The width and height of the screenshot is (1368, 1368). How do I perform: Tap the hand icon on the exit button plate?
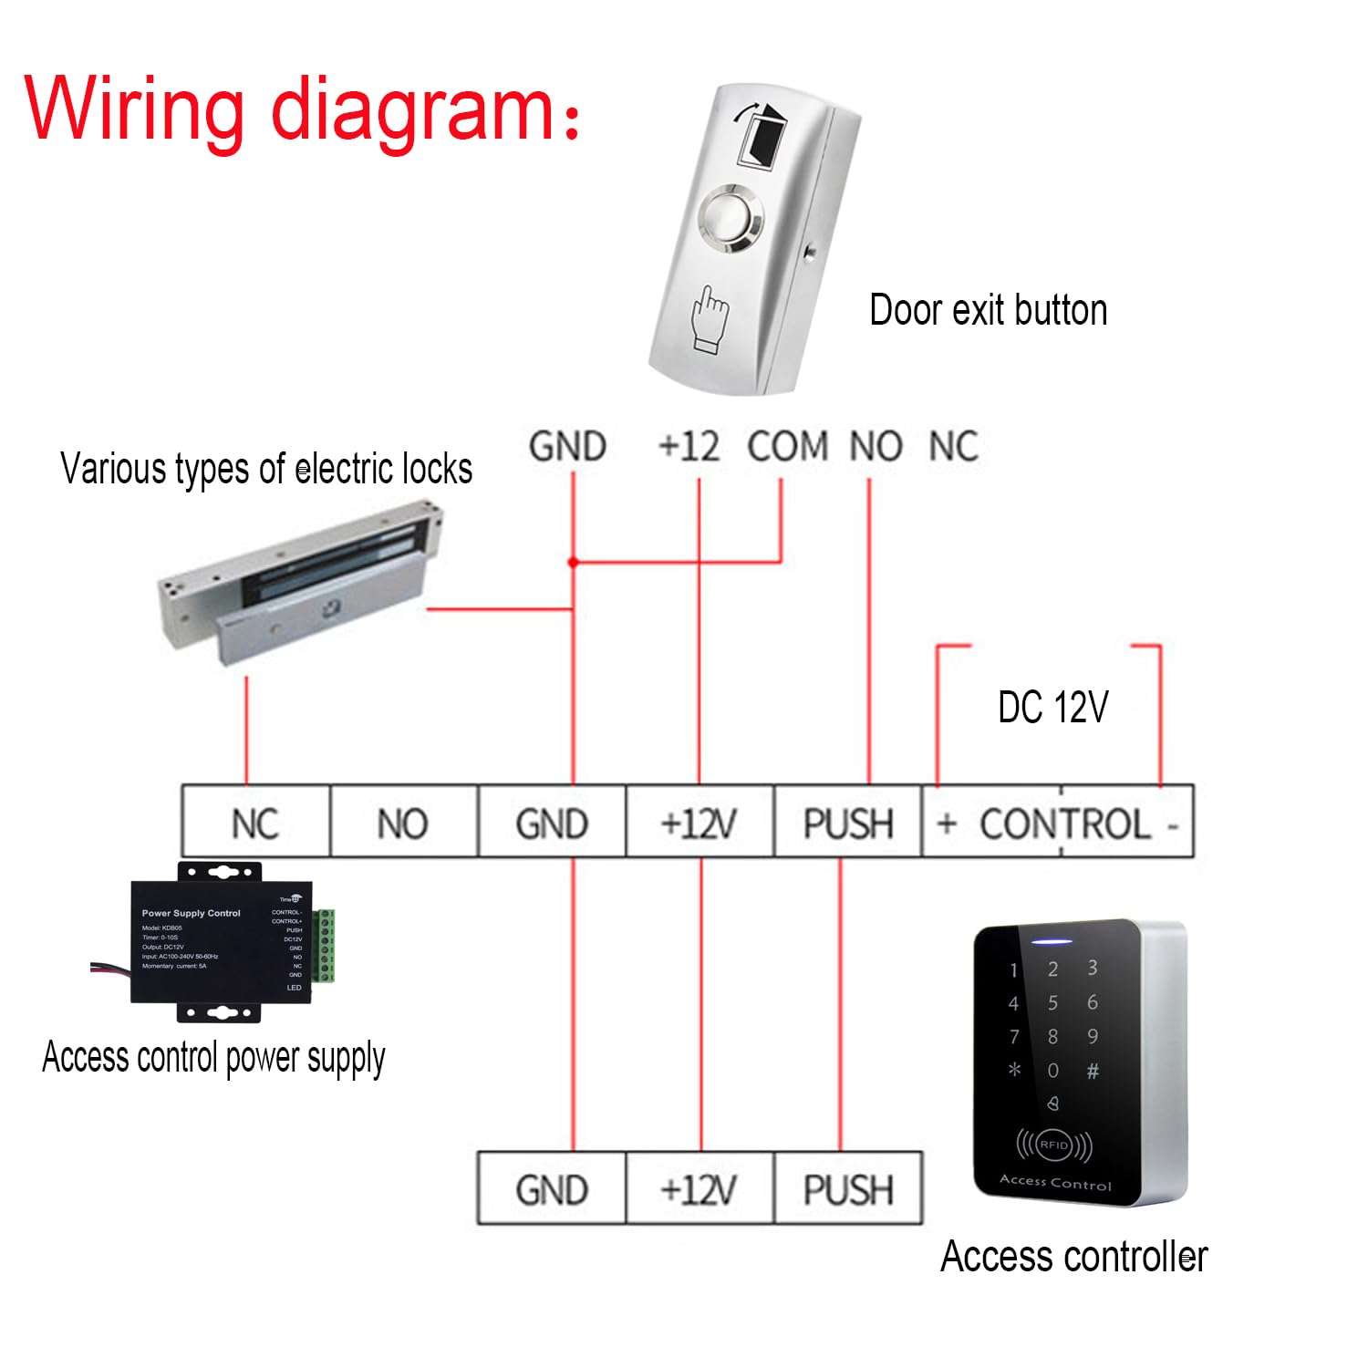pyautogui.click(x=710, y=319)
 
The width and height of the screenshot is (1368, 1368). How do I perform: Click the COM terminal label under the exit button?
pyautogui.click(x=788, y=447)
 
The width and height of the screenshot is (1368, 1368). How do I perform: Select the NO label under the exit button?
pyautogui.click(x=876, y=447)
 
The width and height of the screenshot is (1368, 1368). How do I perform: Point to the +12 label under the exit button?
pyautogui.click(x=689, y=447)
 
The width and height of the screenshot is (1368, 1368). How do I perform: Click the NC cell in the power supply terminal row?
pyautogui.click(x=255, y=823)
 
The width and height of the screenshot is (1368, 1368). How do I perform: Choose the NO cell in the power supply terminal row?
pyautogui.click(x=402, y=823)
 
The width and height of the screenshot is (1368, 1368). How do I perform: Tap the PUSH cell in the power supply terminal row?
pyautogui.click(x=847, y=823)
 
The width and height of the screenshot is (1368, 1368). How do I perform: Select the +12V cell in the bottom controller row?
pyautogui.click(x=699, y=1189)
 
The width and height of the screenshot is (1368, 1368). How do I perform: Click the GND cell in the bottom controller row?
pyautogui.click(x=552, y=1189)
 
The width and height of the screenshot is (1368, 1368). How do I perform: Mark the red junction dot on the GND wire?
pyautogui.click(x=573, y=562)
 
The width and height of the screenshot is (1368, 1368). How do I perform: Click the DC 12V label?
pyautogui.click(x=1052, y=707)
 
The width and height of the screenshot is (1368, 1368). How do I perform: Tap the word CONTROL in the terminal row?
pyautogui.click(x=1064, y=824)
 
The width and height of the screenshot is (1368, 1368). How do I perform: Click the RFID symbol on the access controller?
pyautogui.click(x=1053, y=1145)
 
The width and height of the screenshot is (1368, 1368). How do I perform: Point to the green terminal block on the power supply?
pyautogui.click(x=325, y=945)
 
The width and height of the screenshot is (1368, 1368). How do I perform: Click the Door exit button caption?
pyautogui.click(x=988, y=310)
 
